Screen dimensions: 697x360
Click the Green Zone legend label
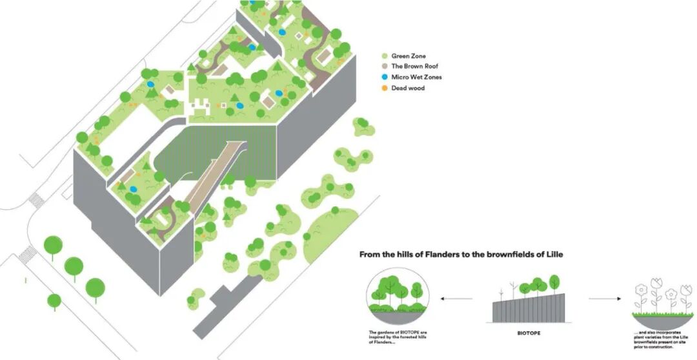[x=409, y=56]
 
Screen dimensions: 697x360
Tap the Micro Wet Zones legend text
[x=416, y=77]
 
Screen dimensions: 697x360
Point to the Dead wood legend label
[x=408, y=88]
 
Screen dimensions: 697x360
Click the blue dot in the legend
[x=385, y=77]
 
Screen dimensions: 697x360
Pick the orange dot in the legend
[x=385, y=88]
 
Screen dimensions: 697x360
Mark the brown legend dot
[x=385, y=66]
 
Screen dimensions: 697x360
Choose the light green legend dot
[x=385, y=56]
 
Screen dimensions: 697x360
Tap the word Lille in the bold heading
[x=552, y=254]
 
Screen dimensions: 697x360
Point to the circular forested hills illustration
[x=399, y=297]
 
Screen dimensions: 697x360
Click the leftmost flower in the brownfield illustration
[x=641, y=292]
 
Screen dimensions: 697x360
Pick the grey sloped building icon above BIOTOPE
[x=529, y=307]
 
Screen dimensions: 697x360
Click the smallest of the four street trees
[x=55, y=301]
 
